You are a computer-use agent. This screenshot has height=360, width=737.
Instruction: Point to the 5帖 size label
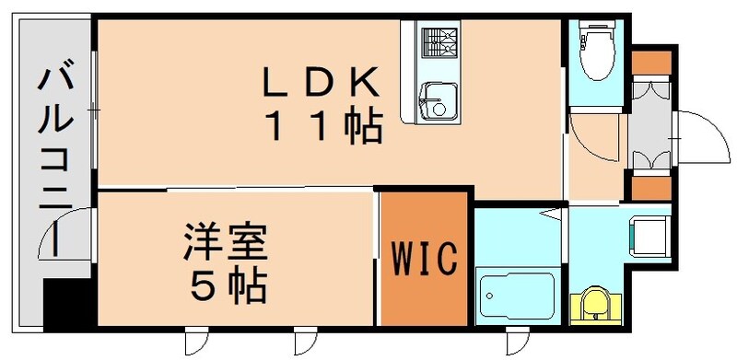(228, 286)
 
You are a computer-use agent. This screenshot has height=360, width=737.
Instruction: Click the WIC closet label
(426, 259)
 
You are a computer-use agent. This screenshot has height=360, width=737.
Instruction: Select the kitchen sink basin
(433, 98)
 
